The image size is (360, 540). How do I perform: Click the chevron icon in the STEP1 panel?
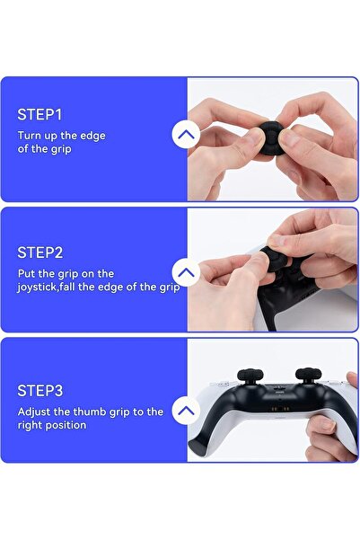(186, 135)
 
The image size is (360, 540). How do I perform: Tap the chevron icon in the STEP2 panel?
(186, 272)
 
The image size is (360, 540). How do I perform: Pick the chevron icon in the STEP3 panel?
(186, 412)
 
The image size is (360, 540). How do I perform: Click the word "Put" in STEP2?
(28, 273)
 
